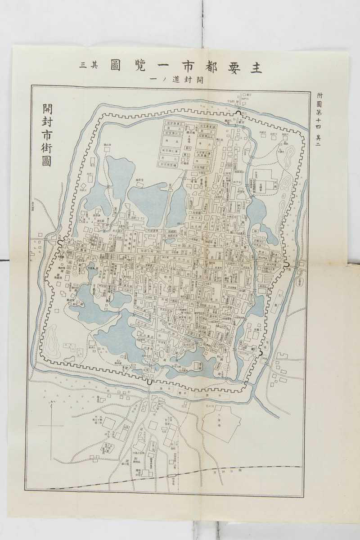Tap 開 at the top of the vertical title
[47, 109]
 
